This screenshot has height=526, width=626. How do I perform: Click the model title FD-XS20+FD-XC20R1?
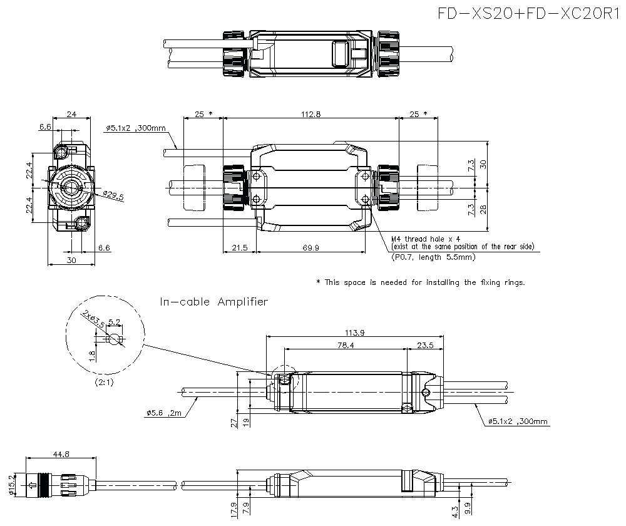527,14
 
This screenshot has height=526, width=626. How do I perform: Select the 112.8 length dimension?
310,114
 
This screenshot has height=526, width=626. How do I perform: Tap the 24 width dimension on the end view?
71,114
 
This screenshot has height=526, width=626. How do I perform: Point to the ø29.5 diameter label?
113,195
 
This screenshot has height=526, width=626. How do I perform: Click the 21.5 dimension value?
239,248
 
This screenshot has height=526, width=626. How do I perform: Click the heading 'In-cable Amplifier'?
214,302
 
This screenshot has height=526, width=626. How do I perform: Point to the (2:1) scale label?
103,381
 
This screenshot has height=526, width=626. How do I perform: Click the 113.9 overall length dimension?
354,332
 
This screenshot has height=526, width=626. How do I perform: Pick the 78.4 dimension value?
344,345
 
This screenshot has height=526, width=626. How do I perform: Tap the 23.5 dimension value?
425,345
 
